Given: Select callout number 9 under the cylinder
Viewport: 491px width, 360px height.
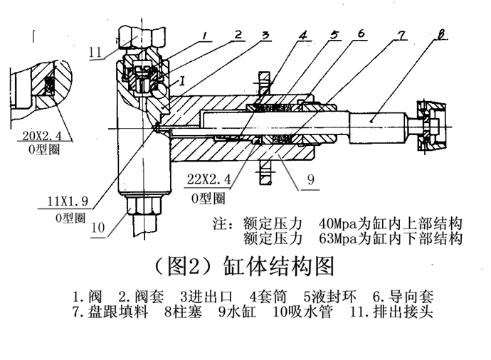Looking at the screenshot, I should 310,180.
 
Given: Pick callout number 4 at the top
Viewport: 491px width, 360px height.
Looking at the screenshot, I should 302,34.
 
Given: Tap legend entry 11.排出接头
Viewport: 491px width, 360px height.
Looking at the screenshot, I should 393,312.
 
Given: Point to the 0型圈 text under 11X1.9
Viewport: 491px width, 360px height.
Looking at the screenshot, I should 70,217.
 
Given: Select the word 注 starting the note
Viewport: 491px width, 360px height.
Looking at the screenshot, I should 221,222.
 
